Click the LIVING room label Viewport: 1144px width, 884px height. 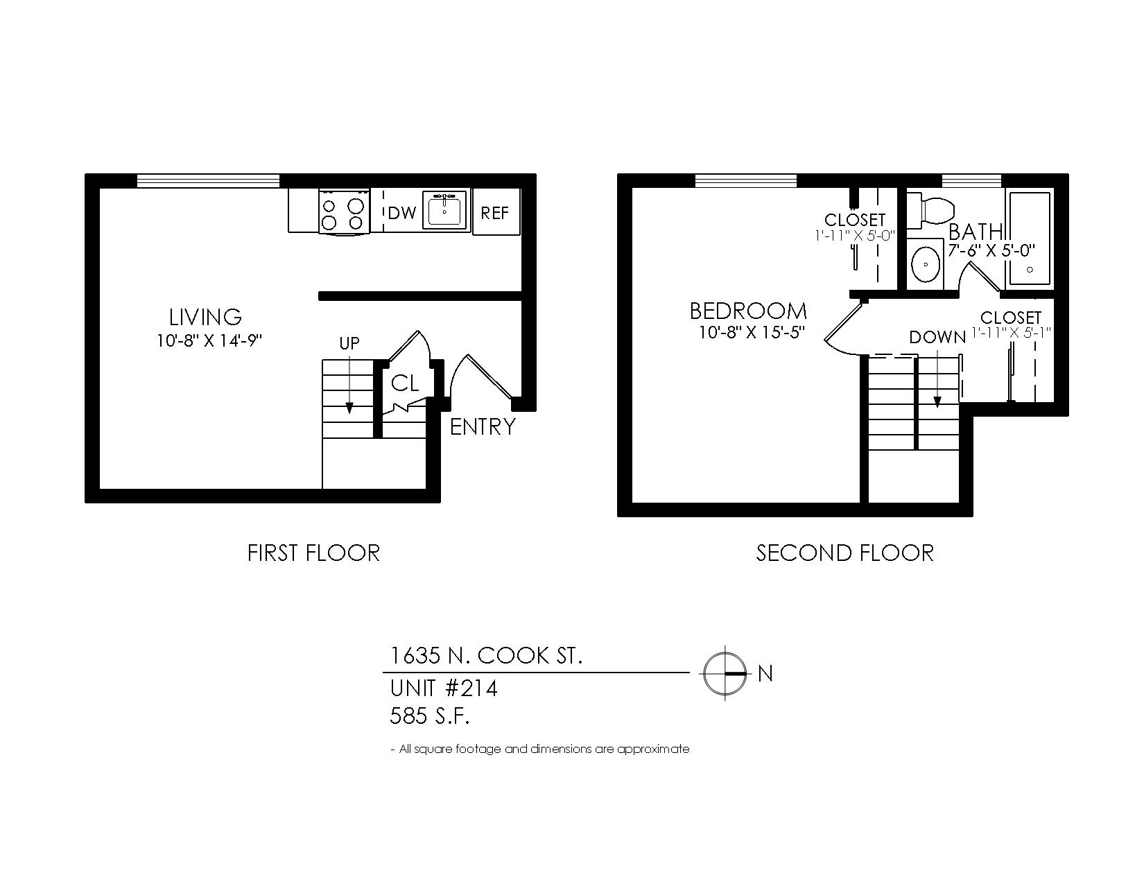coord(205,317)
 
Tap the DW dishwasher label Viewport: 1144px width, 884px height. coord(402,213)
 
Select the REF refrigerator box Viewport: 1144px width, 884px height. coord(496,211)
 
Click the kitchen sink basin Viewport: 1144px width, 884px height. coord(444,211)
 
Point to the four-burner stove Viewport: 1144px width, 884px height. coord(344,211)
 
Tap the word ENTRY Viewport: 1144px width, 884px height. coord(483,426)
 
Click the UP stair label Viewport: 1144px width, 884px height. coord(349,343)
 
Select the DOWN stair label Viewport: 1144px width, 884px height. coord(937,337)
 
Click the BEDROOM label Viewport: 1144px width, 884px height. coord(748,311)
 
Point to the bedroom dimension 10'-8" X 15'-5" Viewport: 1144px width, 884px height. coord(752,333)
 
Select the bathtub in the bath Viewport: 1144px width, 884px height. coord(1030,239)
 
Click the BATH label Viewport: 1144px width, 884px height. coord(976,232)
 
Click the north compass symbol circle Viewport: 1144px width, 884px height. coord(725,673)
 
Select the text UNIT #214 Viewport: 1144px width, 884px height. coord(443,688)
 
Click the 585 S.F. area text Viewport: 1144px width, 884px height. coord(429,716)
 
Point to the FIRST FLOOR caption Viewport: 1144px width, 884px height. coord(314,553)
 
